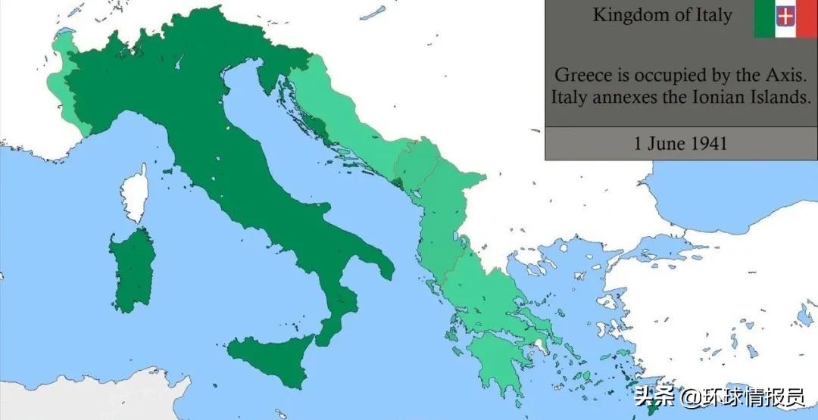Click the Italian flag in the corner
coord(785,18)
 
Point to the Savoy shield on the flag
coord(785,17)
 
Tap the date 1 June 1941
coord(680,143)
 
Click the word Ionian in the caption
coord(685,98)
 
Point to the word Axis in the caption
coord(787,75)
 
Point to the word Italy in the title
coord(711,15)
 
